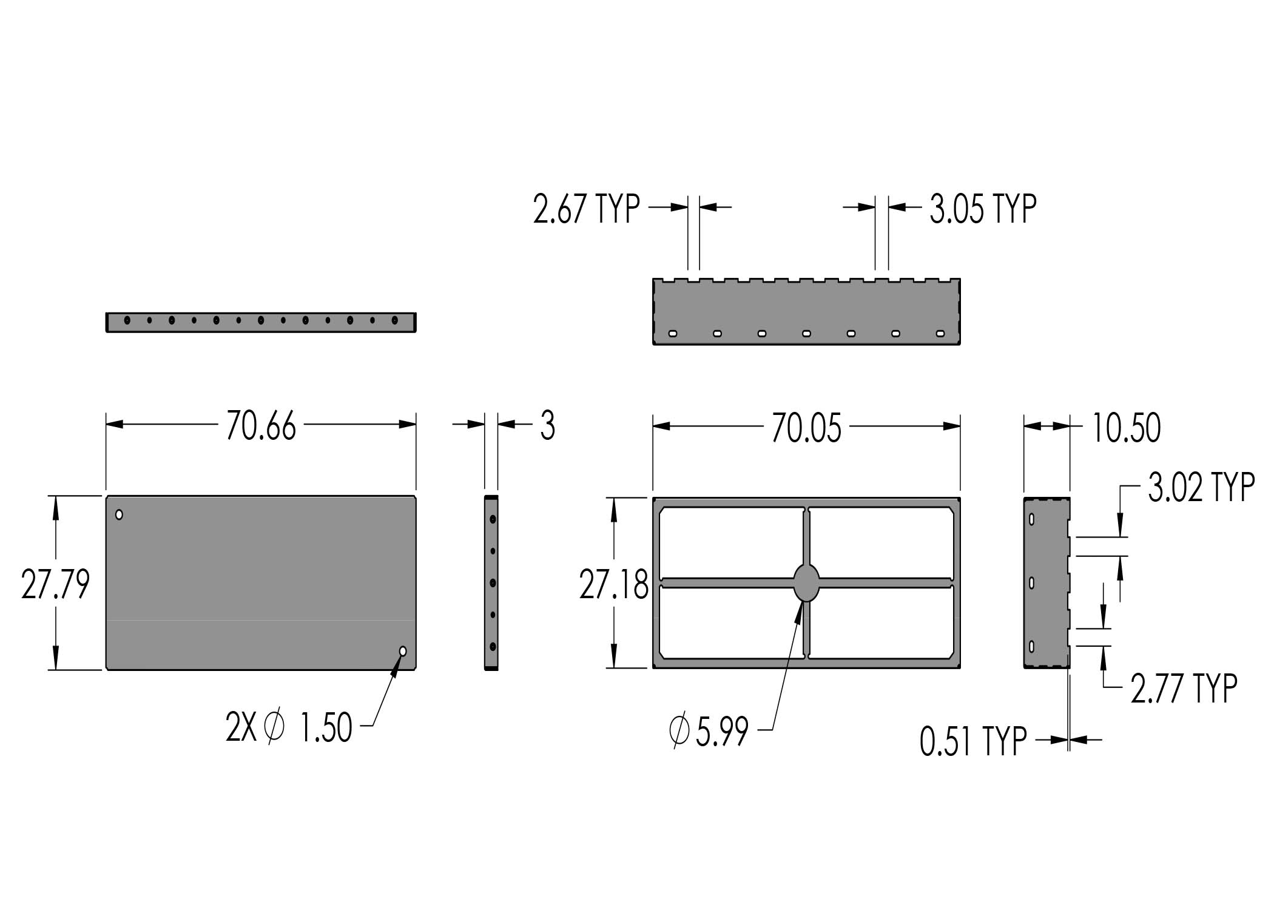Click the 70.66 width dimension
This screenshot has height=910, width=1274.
[261, 426]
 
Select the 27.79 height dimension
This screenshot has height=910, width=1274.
[55, 584]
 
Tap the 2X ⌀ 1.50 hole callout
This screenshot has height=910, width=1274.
[289, 727]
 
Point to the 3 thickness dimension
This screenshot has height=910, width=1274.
[547, 425]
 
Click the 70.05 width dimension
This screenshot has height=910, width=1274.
[806, 428]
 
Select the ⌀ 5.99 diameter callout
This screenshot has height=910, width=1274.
[709, 731]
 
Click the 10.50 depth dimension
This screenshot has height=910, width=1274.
[1126, 428]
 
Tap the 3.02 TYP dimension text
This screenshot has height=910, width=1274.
[1201, 487]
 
